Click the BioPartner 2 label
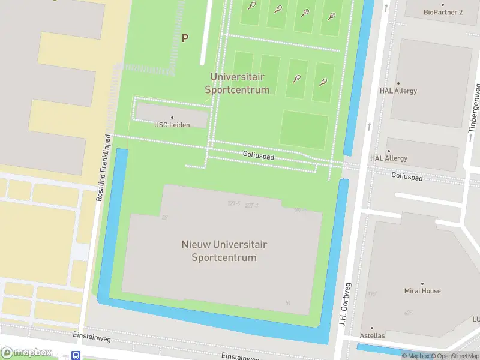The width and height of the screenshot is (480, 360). pos(443,12)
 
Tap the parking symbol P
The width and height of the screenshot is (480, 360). pos(185,38)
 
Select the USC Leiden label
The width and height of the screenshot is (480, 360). pos(172,125)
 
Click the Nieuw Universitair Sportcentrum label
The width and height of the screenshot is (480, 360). pos(224,251)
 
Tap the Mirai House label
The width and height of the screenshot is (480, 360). pos(422,291)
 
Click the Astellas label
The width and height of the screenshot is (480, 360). pos(372,335)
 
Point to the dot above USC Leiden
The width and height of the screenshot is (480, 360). pos(172,118)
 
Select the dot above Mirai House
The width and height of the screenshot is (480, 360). pos(422,283)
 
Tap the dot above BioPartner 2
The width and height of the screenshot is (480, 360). pos(443,5)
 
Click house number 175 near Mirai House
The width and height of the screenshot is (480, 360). pos(371,294)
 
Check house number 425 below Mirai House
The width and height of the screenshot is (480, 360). pos(408,313)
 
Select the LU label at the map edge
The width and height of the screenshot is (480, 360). pos(476,319)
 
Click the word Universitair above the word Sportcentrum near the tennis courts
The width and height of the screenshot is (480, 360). pos(237,77)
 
